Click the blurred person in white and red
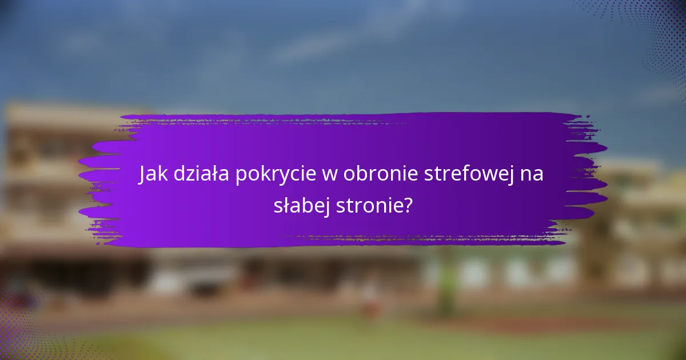pos(370,297)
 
